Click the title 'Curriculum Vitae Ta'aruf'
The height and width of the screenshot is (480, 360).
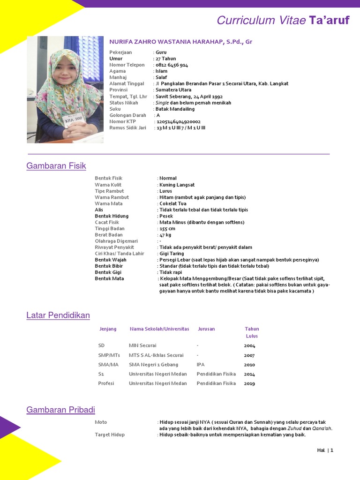[x=283, y=20]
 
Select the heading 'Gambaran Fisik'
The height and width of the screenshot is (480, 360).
[x=56, y=166]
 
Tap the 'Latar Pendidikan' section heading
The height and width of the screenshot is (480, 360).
[x=58, y=315]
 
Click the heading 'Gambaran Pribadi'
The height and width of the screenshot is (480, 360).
[x=60, y=410]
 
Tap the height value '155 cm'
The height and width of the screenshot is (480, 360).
[x=167, y=229]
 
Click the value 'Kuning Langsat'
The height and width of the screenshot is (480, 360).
[x=177, y=185]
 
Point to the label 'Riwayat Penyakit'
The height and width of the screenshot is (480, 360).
[x=114, y=247]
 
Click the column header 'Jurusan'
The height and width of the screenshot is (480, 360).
[x=206, y=329]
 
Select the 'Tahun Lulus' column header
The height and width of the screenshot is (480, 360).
[x=252, y=332]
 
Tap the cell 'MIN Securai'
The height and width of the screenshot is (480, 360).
[x=142, y=345]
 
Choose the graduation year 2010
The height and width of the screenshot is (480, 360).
[x=249, y=365]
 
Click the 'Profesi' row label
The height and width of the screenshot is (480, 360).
[x=106, y=383]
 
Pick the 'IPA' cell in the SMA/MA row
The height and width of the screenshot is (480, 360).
[x=201, y=364]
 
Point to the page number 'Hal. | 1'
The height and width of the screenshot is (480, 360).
[x=325, y=450]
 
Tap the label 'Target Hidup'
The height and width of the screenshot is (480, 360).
[x=110, y=435]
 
